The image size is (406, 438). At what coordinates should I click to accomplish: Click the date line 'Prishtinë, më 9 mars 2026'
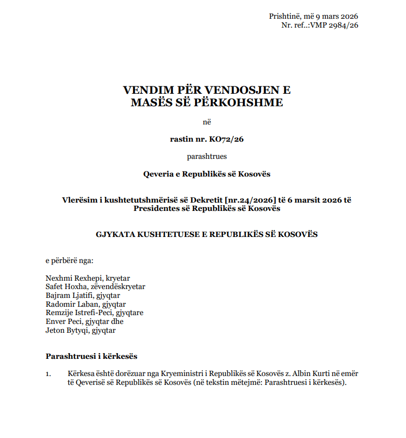(313, 16)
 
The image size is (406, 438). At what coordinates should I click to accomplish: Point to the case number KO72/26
(226, 139)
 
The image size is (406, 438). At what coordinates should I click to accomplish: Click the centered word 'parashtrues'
(207, 156)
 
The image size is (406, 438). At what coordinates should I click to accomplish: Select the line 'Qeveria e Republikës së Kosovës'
(207, 173)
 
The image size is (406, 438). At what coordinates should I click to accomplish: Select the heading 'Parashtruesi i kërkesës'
(91, 356)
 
